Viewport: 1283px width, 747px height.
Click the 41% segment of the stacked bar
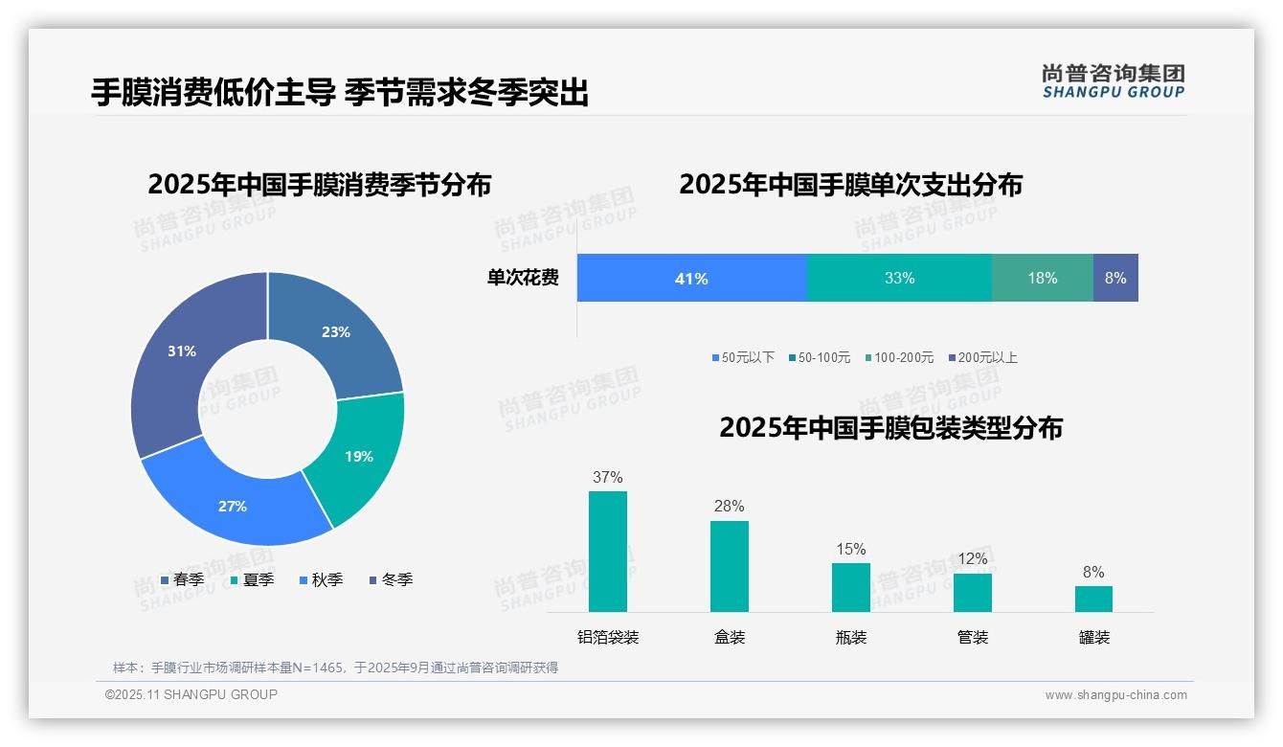[691, 279]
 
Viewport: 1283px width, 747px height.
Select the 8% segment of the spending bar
[1115, 279]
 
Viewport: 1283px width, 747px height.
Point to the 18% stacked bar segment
[1043, 279]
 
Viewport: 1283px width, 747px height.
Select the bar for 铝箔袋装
[608, 552]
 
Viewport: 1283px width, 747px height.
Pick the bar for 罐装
[1093, 599]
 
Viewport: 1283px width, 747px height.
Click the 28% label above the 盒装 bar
[730, 506]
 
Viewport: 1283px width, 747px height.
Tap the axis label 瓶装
[851, 637]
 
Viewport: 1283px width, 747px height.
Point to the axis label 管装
[973, 637]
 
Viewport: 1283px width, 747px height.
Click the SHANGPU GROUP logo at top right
[1113, 81]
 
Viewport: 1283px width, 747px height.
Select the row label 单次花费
[523, 279]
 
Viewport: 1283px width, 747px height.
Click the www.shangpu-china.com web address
[1115, 695]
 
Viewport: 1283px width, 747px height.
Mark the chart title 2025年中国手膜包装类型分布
[890, 428]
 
